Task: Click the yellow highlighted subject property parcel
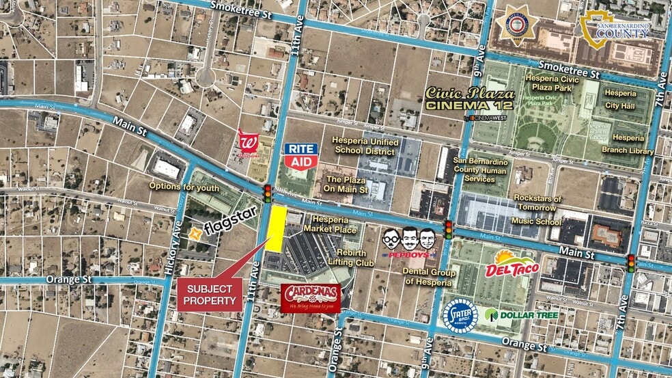click(276, 229)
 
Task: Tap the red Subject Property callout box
click(210, 295)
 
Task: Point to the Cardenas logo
click(311, 297)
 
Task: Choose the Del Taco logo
click(512, 265)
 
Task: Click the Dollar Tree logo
click(522, 315)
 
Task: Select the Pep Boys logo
click(408, 243)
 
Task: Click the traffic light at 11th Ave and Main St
click(268, 193)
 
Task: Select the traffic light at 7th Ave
click(632, 262)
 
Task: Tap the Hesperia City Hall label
click(620, 99)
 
